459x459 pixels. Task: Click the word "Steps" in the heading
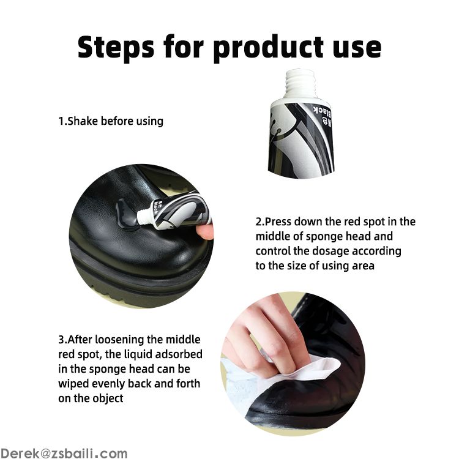(x=116, y=47)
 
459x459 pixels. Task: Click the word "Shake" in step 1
(x=83, y=121)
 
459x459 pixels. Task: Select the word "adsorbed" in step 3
(x=179, y=354)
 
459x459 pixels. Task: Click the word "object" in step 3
(x=108, y=398)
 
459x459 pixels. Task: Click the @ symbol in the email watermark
(x=45, y=453)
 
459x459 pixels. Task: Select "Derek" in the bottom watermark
(x=19, y=453)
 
